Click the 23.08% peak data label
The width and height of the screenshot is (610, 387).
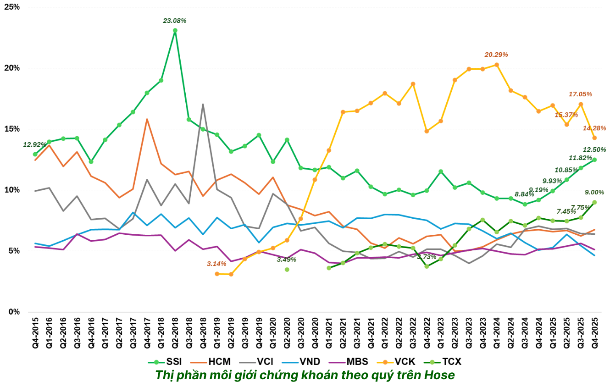(175, 21)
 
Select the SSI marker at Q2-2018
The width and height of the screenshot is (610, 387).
(175, 31)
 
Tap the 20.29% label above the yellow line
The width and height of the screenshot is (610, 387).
(496, 55)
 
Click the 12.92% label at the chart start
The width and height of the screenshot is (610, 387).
(35, 145)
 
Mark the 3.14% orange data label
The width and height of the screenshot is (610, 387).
(216, 264)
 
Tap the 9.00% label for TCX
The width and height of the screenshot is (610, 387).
(594, 192)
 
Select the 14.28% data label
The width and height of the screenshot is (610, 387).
(594, 128)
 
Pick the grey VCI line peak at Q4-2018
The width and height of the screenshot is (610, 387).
(203, 105)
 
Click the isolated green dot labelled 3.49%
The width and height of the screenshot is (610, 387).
(287, 270)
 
